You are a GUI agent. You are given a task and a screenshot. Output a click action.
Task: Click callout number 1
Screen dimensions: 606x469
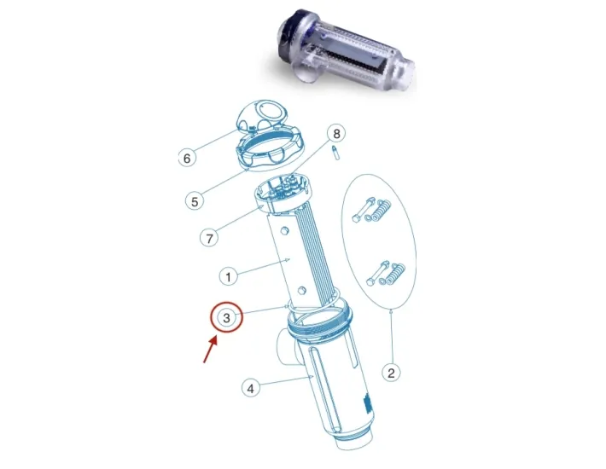pos(228,277)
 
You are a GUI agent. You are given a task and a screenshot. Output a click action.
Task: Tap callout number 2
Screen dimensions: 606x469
pos(391,373)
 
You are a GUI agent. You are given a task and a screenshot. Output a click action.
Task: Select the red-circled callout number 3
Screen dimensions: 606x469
pos(226,318)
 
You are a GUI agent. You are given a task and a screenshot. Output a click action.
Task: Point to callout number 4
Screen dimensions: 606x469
pos(251,388)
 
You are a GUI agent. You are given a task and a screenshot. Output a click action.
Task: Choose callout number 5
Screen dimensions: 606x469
pos(195,201)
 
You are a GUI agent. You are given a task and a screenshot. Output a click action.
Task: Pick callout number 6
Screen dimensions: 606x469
pos(187,158)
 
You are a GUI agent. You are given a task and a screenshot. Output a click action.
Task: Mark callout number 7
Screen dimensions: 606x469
pos(209,238)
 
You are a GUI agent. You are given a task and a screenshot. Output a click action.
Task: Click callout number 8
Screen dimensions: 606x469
pos(336,134)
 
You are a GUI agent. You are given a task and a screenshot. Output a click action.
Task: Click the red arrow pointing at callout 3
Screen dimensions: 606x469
pos(210,350)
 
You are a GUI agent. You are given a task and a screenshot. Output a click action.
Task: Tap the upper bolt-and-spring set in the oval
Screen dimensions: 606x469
pos(371,211)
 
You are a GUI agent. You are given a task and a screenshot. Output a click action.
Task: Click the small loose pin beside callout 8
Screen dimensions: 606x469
pos(335,153)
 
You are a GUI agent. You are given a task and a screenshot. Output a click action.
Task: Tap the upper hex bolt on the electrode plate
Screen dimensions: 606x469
pos(284,231)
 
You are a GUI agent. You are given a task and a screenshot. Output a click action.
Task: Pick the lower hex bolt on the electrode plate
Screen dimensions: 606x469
pos(302,290)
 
